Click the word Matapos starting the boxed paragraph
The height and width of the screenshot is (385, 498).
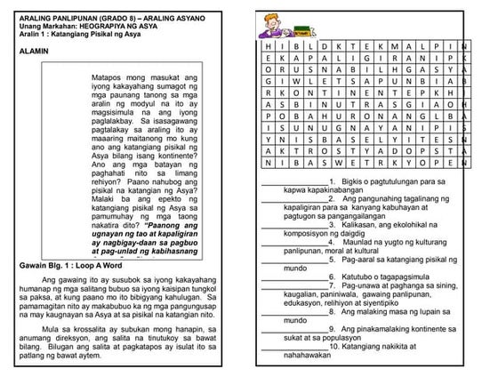point(109,79)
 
